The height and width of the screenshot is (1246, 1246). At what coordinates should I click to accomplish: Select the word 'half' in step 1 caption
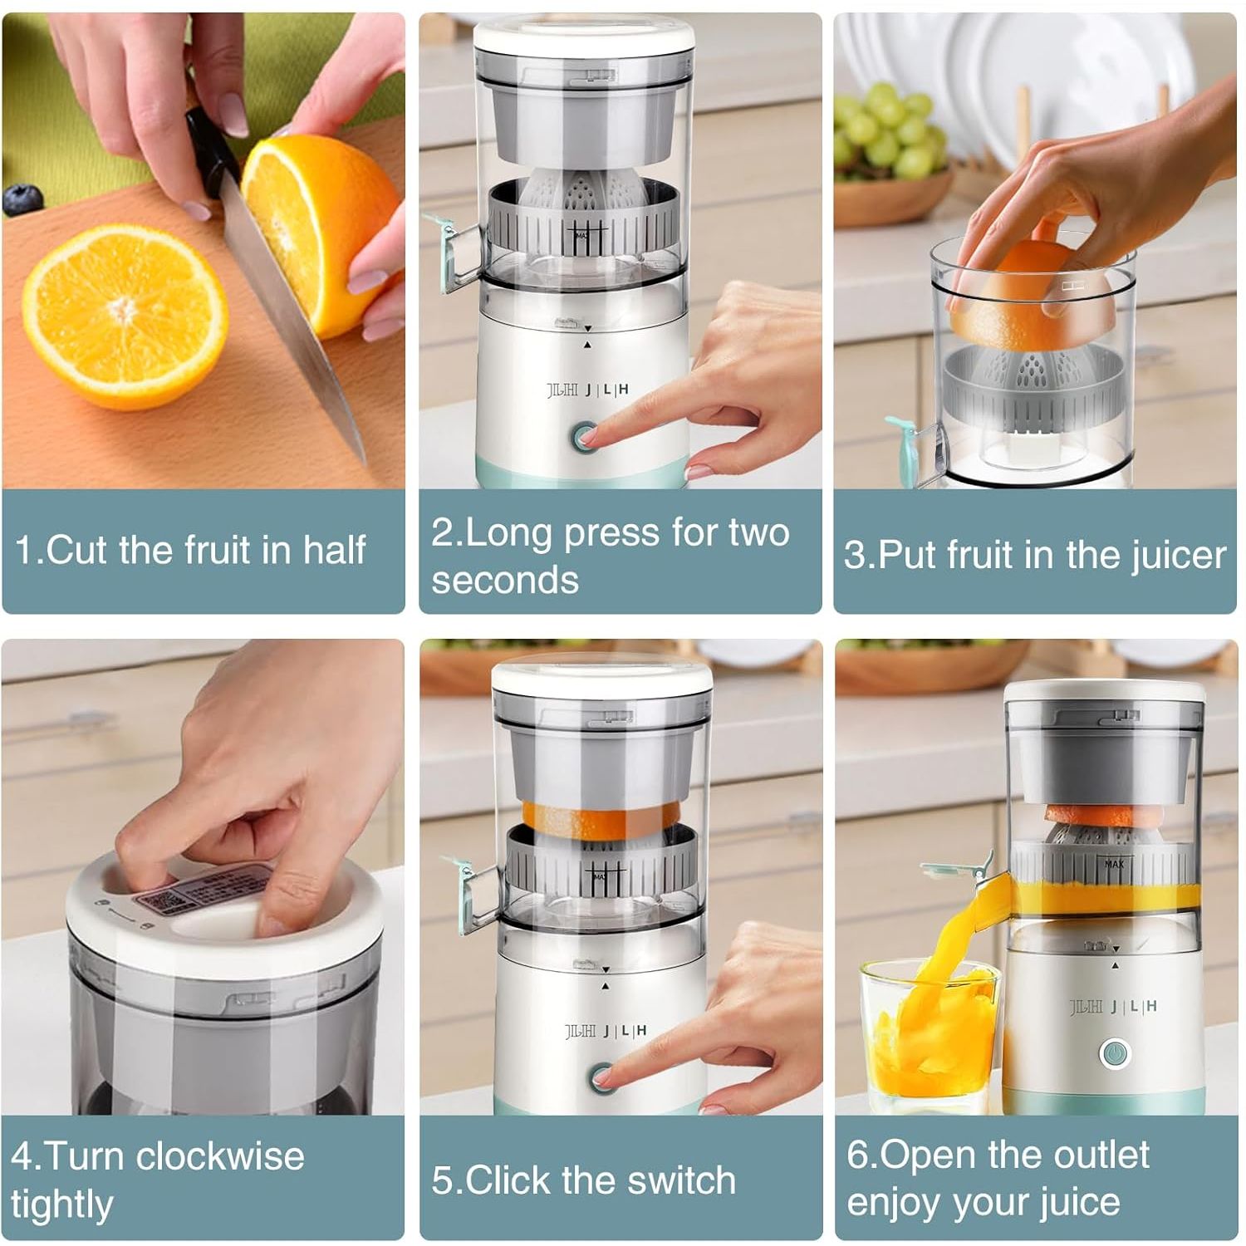click(x=334, y=550)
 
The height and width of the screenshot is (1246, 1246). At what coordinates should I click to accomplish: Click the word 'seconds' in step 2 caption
click(x=505, y=580)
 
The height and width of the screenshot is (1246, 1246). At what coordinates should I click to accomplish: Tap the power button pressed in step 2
click(x=585, y=435)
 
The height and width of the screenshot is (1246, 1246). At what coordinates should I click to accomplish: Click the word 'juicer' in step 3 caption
click(x=1179, y=556)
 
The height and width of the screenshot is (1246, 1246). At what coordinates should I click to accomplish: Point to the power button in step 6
click(x=1114, y=1053)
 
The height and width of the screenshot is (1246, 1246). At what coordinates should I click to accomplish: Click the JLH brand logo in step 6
click(x=1113, y=1007)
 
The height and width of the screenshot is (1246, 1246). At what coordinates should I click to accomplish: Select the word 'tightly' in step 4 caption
click(x=61, y=1204)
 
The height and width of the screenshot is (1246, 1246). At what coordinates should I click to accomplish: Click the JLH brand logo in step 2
click(x=587, y=390)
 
